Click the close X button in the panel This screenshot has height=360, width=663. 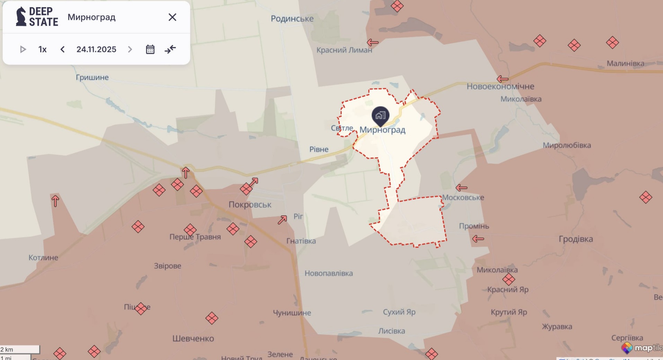pos(172,17)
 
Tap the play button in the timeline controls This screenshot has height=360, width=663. pos(23,50)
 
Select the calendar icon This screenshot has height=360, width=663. pos(150,50)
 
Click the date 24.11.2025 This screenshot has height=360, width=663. pos(96,50)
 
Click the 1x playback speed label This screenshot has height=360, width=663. pos(42,50)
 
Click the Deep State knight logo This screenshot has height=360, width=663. pos(21,17)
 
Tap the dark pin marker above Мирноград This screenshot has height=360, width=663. pos(380,115)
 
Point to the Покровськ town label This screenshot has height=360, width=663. pos(250,205)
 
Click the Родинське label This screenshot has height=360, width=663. pos(292,19)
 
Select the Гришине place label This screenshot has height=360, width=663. pos(92,77)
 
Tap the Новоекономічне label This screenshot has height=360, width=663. pos(500,86)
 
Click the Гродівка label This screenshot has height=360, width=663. pos(576,239)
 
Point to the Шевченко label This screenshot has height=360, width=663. pos(193,338)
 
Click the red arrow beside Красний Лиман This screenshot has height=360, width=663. pos(372,43)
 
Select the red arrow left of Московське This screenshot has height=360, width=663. pos(461,188)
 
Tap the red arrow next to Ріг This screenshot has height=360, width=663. pos(282,220)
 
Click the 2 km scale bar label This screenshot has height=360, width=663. pos(7,349)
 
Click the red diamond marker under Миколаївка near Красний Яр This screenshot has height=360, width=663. pos(508,279)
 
